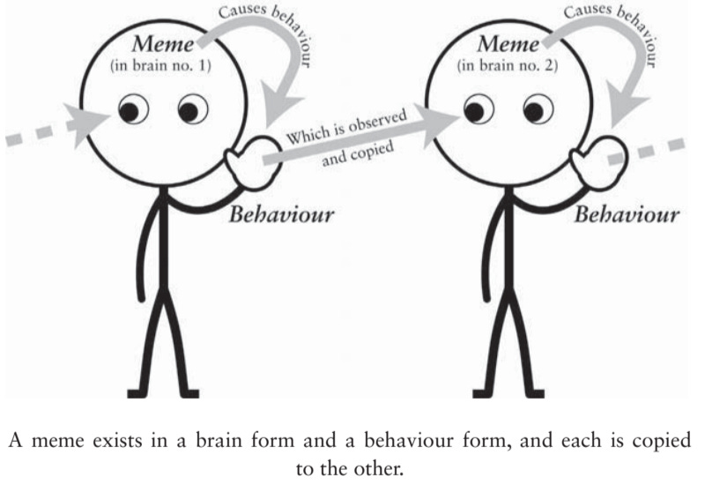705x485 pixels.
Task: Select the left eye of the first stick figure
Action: pyautogui.click(x=130, y=111)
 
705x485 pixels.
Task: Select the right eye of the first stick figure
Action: pyautogui.click(x=191, y=111)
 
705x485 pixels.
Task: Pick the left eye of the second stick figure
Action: pyautogui.click(x=473, y=111)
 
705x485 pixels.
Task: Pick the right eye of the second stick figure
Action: pyautogui.click(x=534, y=111)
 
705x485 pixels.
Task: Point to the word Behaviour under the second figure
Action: pyautogui.click(x=627, y=214)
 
